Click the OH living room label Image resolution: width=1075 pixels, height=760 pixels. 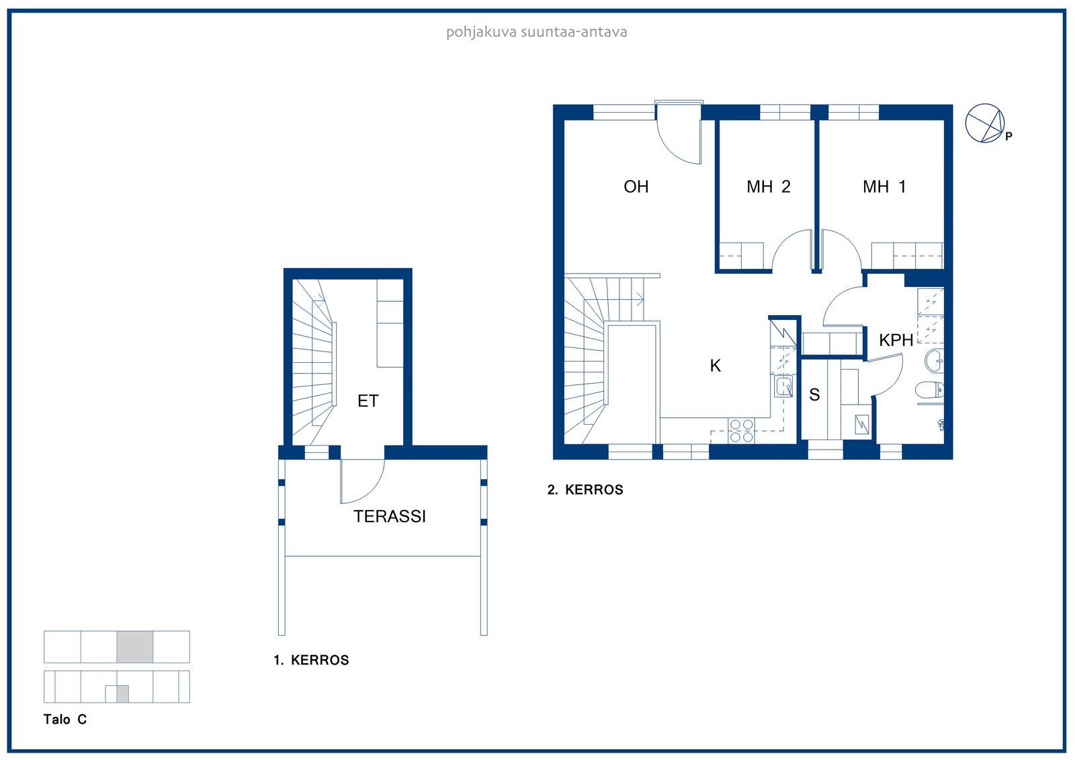(636, 186)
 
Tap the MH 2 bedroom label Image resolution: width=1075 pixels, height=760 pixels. (769, 186)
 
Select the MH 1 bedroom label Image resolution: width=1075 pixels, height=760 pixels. (884, 186)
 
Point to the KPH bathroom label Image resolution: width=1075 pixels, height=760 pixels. (896, 340)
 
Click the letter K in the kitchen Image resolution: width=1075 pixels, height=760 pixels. (715, 366)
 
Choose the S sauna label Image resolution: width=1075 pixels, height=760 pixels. (814, 394)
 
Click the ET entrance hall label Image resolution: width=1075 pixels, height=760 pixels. (368, 401)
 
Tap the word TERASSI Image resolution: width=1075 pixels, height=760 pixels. (390, 516)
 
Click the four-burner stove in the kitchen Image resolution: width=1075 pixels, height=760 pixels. (741, 431)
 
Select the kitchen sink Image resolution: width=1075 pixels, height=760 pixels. (783, 387)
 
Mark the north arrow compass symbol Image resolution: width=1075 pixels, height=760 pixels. (985, 124)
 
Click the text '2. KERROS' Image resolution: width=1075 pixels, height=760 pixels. (585, 490)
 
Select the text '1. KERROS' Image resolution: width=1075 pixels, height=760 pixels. (311, 660)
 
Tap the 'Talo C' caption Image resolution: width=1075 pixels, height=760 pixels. (64, 719)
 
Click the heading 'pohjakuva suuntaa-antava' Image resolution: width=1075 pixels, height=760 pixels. (537, 32)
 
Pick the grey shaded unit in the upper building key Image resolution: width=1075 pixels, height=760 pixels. (135, 646)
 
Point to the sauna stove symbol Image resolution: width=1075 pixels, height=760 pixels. (862, 425)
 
